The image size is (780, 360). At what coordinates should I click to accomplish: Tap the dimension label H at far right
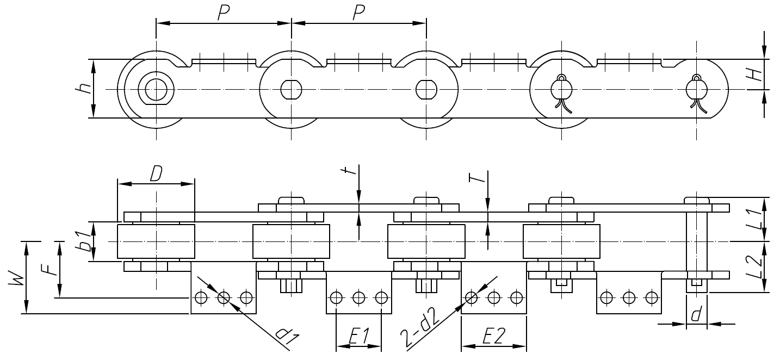(x=753, y=75)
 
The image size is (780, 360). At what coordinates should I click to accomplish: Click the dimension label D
(x=156, y=174)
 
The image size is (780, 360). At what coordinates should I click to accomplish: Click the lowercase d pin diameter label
(x=696, y=315)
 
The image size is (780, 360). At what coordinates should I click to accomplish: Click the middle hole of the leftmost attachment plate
(x=223, y=297)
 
